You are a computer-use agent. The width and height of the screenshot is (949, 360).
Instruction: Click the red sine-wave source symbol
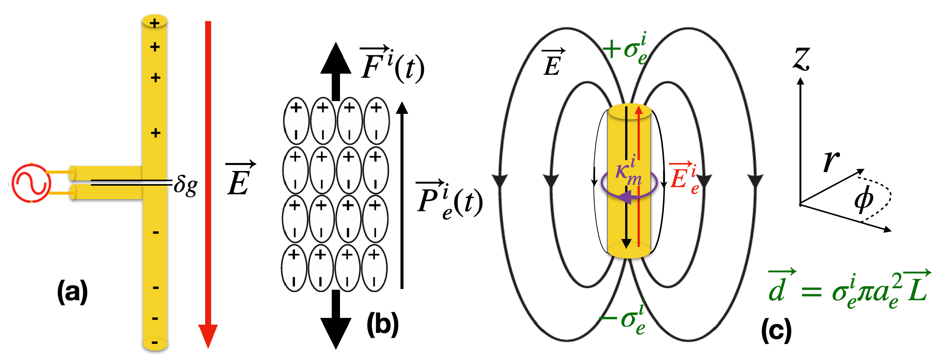[31, 183]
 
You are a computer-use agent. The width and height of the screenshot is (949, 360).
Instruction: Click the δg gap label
[186, 185]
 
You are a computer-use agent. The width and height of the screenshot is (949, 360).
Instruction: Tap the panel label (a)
[72, 291]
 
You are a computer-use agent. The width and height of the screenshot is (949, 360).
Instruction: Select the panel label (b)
[382, 324]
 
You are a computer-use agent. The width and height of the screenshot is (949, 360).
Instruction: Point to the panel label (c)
[776, 330]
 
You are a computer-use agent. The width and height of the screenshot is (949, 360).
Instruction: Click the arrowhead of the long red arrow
[208, 335]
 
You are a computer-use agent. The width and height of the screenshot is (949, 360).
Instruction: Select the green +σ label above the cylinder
[626, 49]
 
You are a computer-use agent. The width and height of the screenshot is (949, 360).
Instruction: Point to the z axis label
[802, 59]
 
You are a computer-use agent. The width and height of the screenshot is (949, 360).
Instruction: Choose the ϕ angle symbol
[863, 199]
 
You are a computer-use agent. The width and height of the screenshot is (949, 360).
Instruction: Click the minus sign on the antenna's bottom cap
[154, 343]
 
